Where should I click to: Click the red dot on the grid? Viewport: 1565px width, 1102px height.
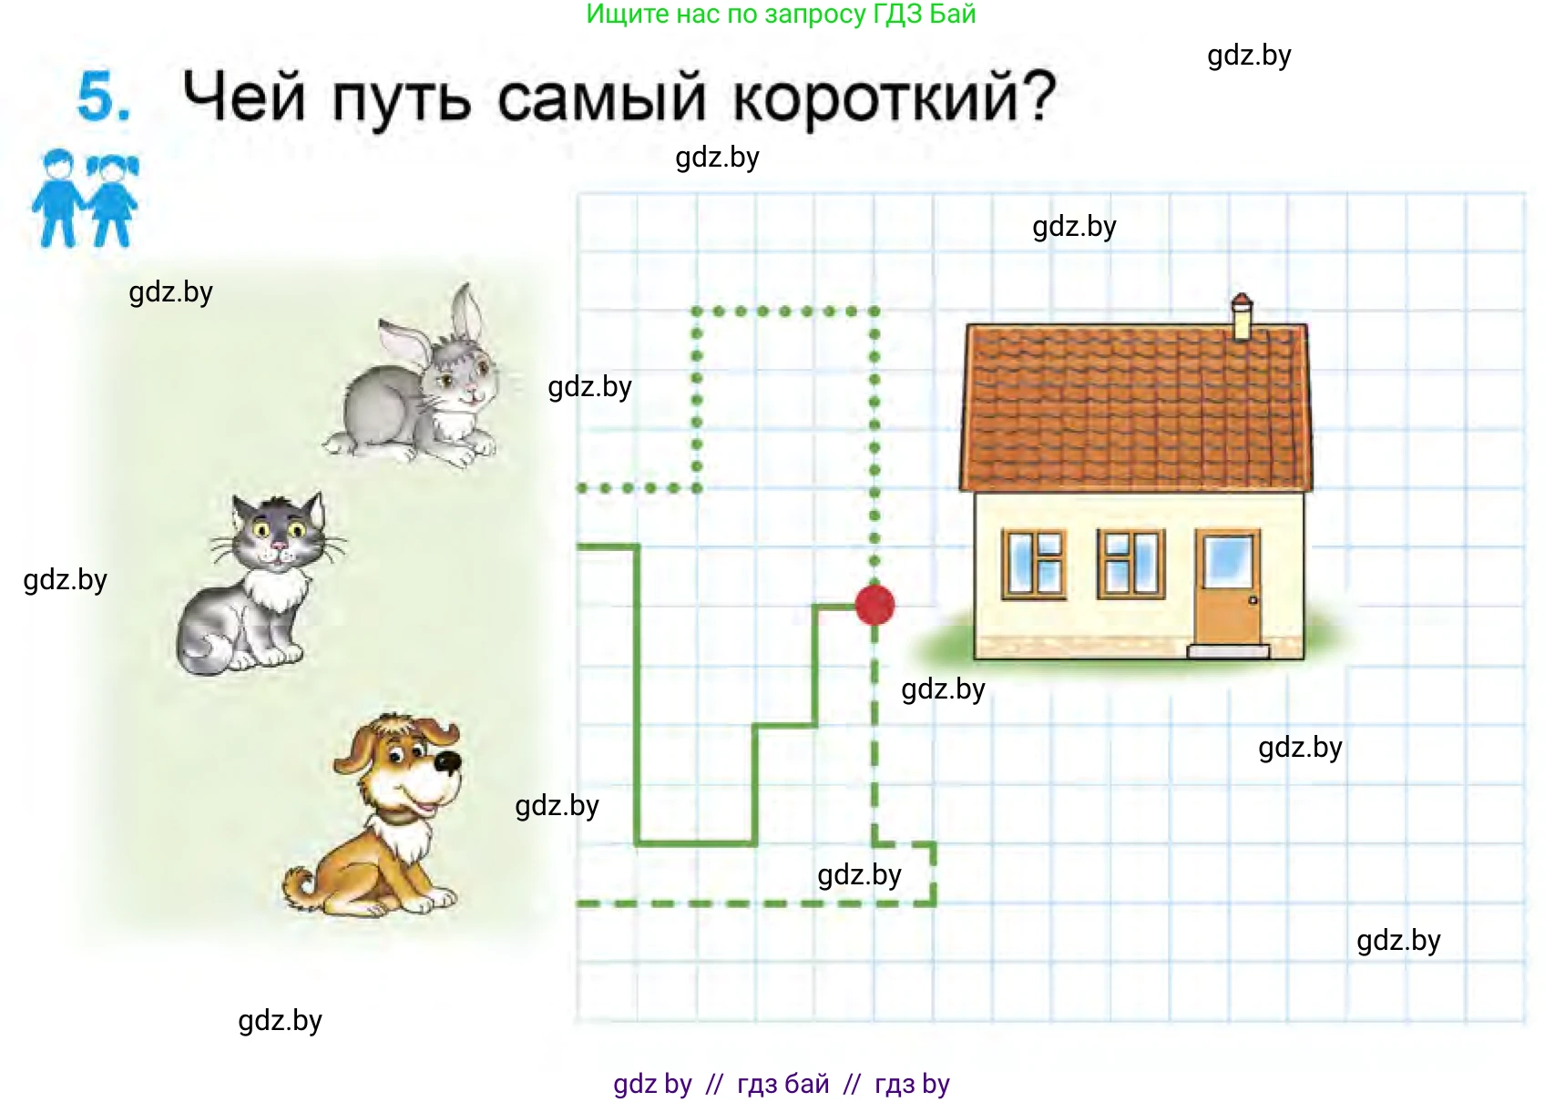pos(875,605)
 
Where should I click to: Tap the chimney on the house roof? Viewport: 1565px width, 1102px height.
pos(1241,317)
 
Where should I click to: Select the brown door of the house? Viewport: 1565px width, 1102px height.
pos(1228,587)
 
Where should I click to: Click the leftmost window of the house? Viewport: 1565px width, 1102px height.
pos(1035,564)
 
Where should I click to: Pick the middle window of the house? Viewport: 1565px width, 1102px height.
pos(1130,564)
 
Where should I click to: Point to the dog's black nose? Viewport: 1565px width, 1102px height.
pos(447,761)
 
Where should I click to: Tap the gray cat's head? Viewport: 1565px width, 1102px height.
pos(277,534)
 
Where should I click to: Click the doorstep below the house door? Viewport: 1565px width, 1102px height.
pos(1228,651)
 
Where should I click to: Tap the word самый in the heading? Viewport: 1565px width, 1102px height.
pos(601,98)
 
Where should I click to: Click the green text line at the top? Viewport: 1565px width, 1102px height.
pos(781,15)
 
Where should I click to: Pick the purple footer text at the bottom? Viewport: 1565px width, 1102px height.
pos(781,1084)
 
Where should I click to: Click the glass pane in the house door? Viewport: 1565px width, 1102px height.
pos(1227,560)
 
